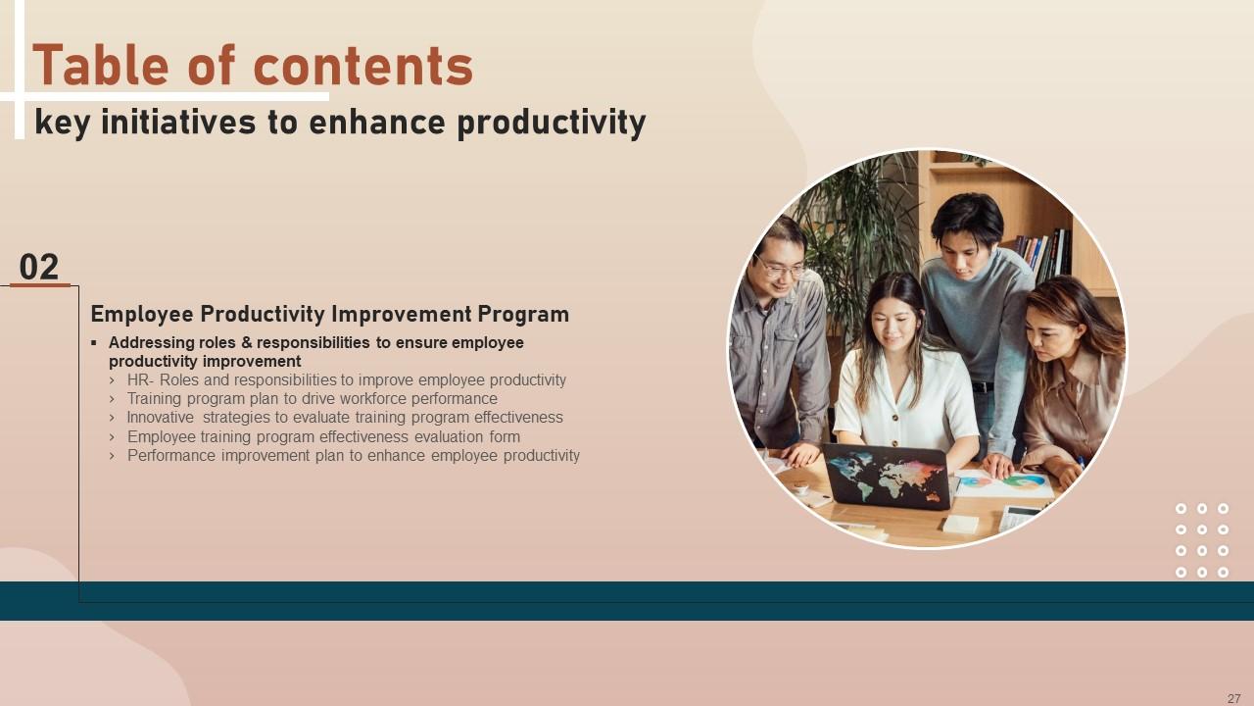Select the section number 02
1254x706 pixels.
39,267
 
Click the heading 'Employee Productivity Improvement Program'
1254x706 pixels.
329,314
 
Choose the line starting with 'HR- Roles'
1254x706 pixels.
346,379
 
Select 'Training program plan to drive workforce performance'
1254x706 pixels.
312,398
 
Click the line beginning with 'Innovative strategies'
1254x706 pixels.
344,417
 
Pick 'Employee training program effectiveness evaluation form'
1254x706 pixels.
323,436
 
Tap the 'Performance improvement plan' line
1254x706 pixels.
353,455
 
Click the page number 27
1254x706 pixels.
1233,698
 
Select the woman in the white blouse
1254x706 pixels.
901,382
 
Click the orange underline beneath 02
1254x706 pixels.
39,285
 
